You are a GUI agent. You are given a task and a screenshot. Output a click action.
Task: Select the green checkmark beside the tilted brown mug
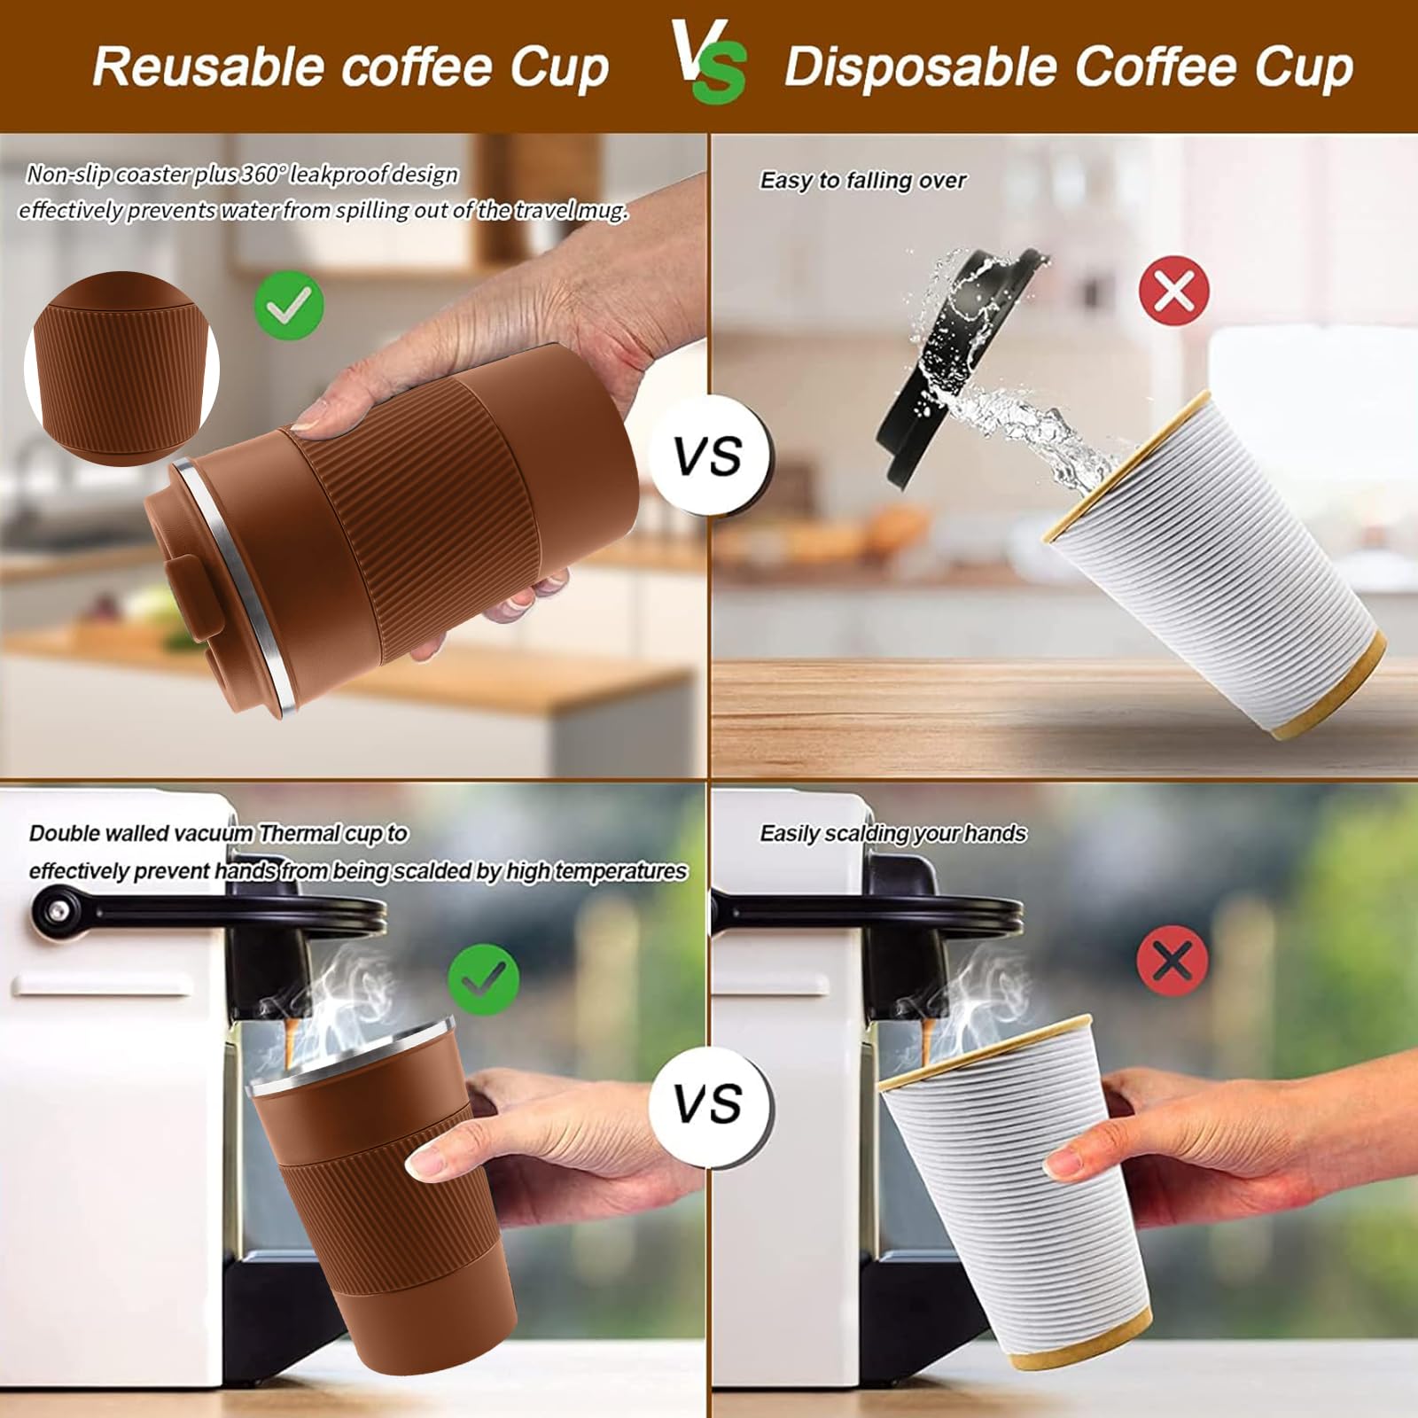289,304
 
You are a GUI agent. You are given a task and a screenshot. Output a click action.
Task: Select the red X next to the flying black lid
1174,290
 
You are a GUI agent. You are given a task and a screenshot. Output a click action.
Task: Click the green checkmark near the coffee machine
483,978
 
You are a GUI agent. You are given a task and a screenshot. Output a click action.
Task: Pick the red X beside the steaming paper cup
1173,960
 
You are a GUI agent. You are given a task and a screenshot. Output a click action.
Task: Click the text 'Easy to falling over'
862,180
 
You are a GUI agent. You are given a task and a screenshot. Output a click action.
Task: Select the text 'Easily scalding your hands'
892,833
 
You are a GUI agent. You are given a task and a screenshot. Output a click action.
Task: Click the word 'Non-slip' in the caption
69,174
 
